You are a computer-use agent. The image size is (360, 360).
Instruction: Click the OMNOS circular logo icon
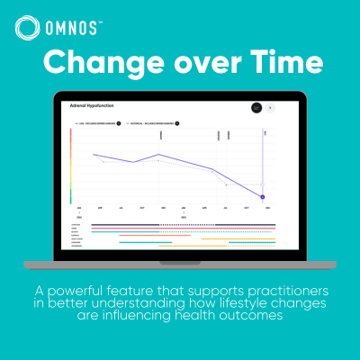(x=28, y=29)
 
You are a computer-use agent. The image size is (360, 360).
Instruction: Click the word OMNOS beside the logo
(x=73, y=29)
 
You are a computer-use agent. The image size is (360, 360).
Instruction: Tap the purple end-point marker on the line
(x=263, y=196)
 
